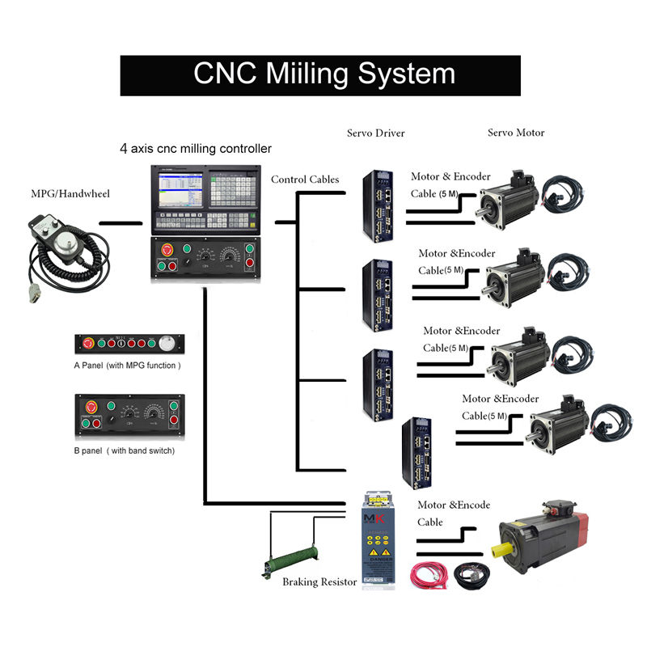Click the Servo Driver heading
(x=375, y=133)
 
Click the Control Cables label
(x=306, y=180)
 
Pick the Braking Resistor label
(x=319, y=581)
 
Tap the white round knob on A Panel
(x=167, y=344)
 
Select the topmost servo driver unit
(x=378, y=206)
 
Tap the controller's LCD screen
(x=177, y=188)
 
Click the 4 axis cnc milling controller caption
(x=196, y=149)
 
